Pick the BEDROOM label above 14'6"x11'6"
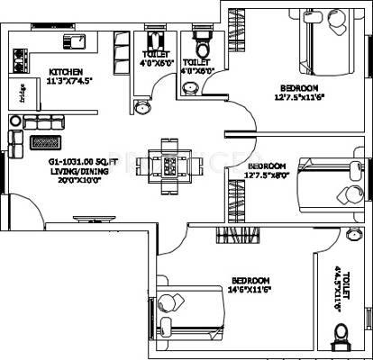coord(247,280)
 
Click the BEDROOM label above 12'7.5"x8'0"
coord(267,166)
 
